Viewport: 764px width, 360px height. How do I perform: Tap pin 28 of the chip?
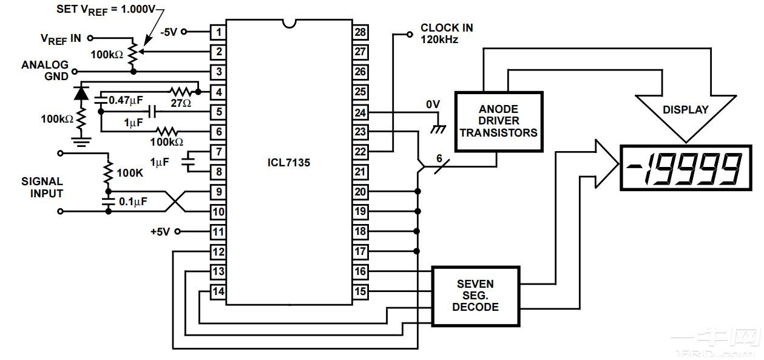click(360, 32)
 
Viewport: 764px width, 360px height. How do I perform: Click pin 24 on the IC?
click(360, 112)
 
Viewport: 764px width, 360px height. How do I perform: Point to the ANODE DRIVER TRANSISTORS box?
click(498, 121)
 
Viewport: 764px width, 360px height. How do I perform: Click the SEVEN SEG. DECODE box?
click(475, 295)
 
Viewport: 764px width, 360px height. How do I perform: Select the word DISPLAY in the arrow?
click(685, 110)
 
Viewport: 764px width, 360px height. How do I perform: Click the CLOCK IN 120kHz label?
click(446, 33)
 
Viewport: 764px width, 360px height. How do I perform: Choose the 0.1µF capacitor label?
click(132, 202)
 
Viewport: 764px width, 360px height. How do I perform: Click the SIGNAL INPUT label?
click(42, 187)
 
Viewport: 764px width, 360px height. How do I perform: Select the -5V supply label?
click(169, 32)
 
